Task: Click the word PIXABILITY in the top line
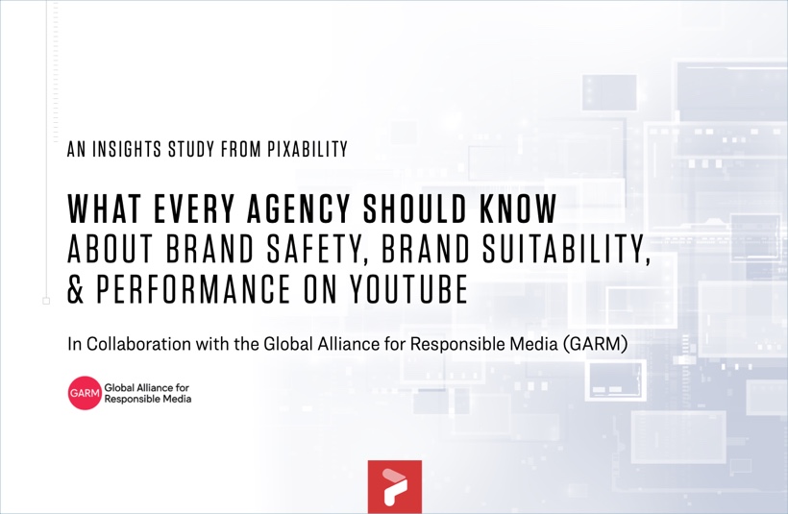point(308,149)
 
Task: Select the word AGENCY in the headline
point(299,208)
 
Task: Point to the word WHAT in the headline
point(104,208)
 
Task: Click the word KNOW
point(519,208)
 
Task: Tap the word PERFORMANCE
point(193,288)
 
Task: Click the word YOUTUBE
point(409,288)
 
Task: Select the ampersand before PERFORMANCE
point(75,289)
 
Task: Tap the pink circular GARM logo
point(85,393)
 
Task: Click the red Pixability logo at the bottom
point(395,486)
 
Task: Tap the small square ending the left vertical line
point(46,301)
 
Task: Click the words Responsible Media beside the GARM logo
point(148,400)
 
